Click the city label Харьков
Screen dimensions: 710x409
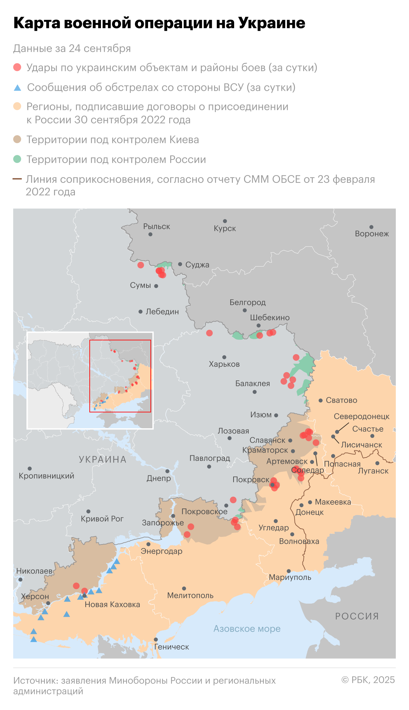[x=224, y=364]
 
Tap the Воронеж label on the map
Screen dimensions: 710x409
[x=372, y=234]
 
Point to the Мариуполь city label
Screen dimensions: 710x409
[x=290, y=577]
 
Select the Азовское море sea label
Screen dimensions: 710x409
[x=247, y=628]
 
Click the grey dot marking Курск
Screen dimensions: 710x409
[x=225, y=221]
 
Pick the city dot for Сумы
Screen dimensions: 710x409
[x=156, y=286]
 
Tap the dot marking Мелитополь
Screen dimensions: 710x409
[x=184, y=588]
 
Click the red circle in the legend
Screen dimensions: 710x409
[x=17, y=67]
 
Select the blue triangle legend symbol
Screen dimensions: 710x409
[x=17, y=88]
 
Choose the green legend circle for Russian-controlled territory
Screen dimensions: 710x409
[x=17, y=159]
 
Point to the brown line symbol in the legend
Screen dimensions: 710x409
[x=17, y=179]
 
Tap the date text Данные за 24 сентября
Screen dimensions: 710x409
[x=72, y=49]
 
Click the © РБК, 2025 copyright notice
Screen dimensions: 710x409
[x=368, y=680]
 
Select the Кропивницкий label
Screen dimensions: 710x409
[x=47, y=476]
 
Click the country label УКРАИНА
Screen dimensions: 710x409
[x=103, y=459]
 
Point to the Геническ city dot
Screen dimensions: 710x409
[x=156, y=640]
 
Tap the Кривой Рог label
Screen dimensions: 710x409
[x=102, y=519]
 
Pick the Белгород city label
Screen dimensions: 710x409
[x=247, y=302]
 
